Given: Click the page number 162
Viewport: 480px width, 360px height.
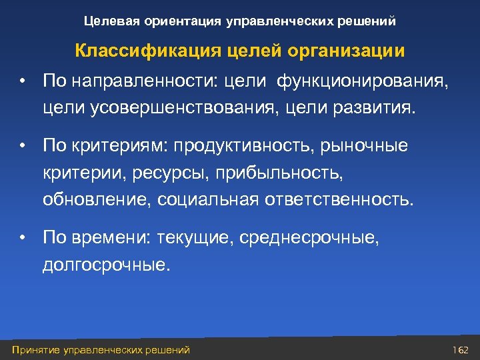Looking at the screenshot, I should [461, 349].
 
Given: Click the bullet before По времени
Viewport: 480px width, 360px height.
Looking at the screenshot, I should [22, 237].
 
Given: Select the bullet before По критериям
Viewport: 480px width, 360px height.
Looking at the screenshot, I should [22, 146].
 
